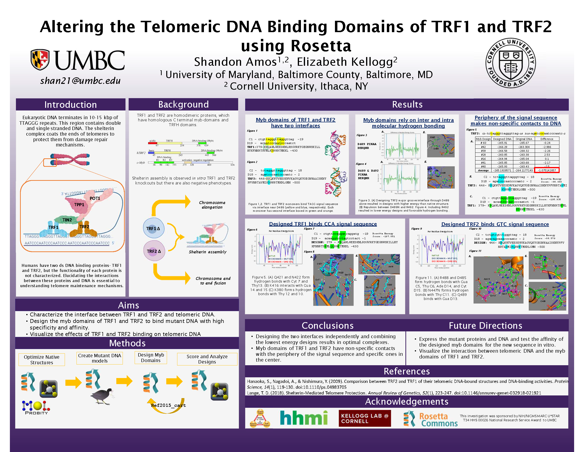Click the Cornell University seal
pos(510,63)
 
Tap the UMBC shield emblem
pos(40,59)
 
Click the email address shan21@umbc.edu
pos(80,80)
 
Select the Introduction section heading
pos(71,105)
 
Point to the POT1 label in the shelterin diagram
pos(95,198)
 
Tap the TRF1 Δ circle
pos(153,228)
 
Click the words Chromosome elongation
pos(212,205)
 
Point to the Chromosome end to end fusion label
pos(213,281)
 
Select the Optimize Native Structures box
pos(42,360)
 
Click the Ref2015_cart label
pos(168,405)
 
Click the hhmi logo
pos(304,418)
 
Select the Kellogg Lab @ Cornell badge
pos(364,418)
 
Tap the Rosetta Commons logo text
pos(438,420)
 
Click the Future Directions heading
pos(485,326)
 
